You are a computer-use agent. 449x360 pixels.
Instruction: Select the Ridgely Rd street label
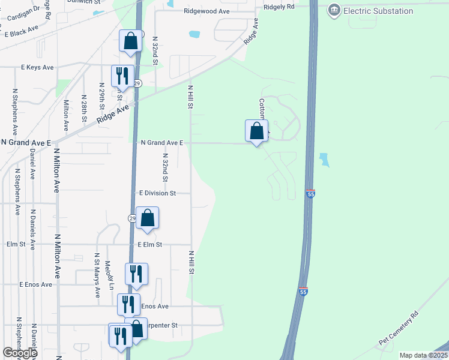[279, 7]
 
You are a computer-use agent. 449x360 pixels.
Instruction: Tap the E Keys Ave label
[38, 67]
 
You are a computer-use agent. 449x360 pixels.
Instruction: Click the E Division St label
[157, 193]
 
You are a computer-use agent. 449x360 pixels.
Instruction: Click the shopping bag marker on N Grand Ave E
[256, 131]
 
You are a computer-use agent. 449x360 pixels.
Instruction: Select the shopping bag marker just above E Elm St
[147, 218]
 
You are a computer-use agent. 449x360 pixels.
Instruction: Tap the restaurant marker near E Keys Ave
[122, 76]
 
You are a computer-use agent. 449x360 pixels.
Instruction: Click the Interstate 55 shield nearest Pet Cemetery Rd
[303, 291]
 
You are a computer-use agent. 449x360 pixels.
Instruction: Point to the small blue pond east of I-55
[324, 160]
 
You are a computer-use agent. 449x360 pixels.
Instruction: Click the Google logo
[20, 353]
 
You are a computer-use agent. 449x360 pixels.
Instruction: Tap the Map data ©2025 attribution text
[423, 355]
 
